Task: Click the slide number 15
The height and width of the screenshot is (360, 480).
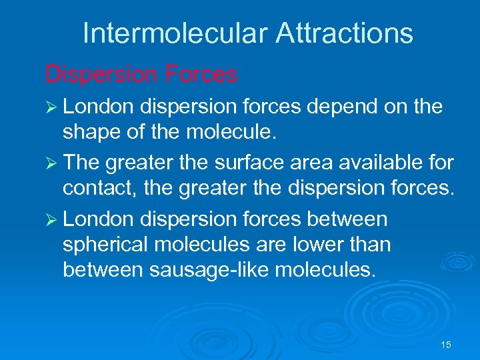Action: [446, 345]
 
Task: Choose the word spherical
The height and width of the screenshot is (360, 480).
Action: [107, 245]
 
